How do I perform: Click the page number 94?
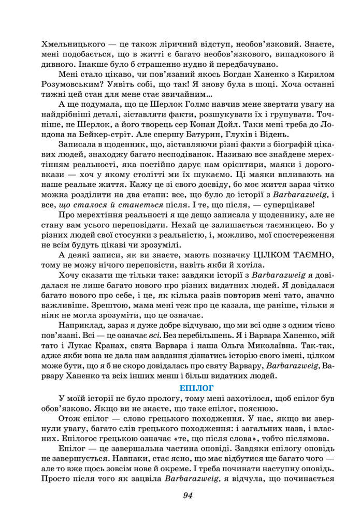click(x=188, y=495)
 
